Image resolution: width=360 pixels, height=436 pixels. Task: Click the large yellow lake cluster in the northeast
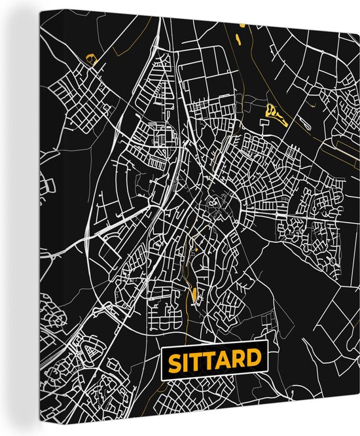pos(274,115)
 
